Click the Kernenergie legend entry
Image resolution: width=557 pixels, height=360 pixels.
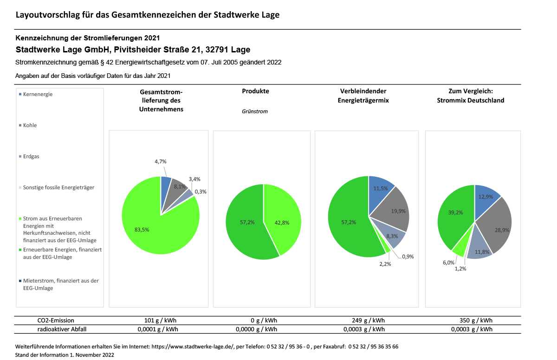click(36, 95)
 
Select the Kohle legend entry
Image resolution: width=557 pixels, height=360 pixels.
click(28, 125)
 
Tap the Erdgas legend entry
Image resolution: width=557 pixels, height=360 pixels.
click(29, 156)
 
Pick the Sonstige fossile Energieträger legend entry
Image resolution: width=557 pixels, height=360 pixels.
click(57, 187)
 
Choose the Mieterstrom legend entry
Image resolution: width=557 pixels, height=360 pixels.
click(59, 284)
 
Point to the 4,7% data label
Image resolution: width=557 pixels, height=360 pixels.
click(161, 161)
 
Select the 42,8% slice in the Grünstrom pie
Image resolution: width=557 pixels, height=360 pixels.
click(284, 219)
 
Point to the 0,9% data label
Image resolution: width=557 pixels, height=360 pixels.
click(408, 257)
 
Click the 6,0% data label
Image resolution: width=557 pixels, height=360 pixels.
click(448, 263)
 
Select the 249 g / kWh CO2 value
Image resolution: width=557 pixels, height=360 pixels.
click(368, 321)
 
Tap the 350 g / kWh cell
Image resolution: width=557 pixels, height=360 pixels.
click(476, 321)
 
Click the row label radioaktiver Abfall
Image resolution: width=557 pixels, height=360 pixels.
click(62, 329)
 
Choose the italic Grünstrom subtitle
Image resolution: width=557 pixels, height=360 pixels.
click(255, 111)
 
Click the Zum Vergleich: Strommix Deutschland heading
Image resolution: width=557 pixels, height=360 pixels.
click(471, 96)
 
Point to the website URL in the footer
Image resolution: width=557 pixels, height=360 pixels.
click(193, 347)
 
